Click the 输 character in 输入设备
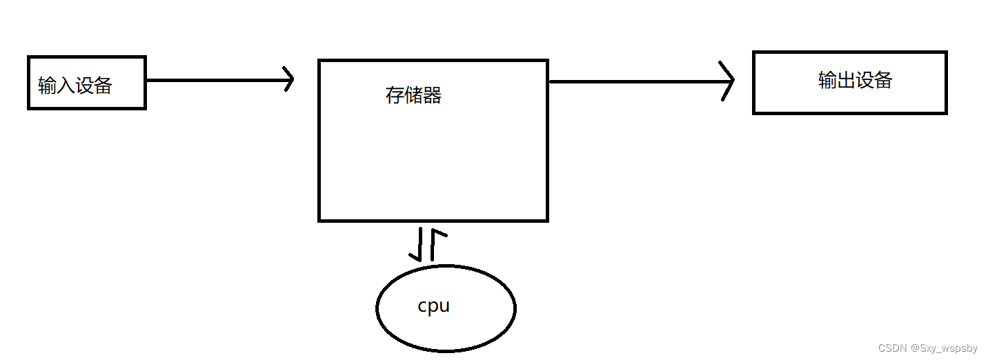point(48,86)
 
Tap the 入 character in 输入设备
point(66,86)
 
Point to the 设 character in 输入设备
point(84,86)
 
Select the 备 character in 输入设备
point(103,86)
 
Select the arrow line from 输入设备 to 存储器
point(214,80)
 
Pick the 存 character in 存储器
point(395,94)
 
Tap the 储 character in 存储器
point(413,94)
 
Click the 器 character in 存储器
point(432,94)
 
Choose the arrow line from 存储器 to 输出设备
point(635,81)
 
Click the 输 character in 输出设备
point(828,80)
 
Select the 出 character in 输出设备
point(846,80)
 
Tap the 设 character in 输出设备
point(864,80)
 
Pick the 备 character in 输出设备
point(883,80)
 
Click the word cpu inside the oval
point(434,306)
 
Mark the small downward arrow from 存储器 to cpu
point(417,244)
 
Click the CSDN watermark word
point(892,348)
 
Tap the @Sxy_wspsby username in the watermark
point(944,348)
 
